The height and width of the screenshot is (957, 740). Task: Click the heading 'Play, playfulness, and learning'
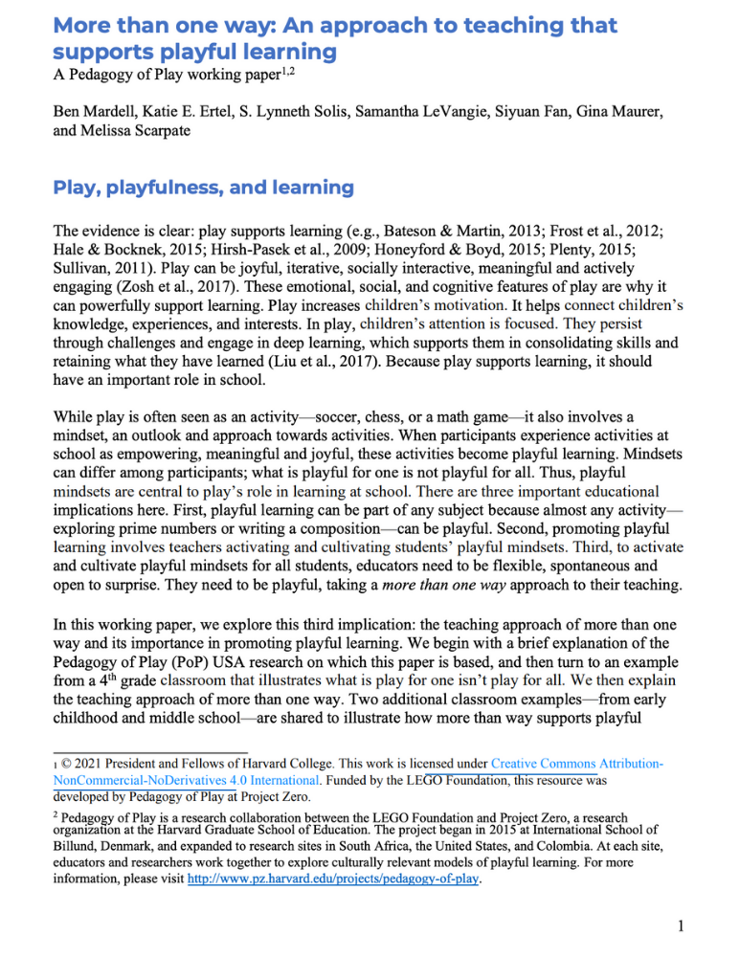pyautogui.click(x=203, y=189)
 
